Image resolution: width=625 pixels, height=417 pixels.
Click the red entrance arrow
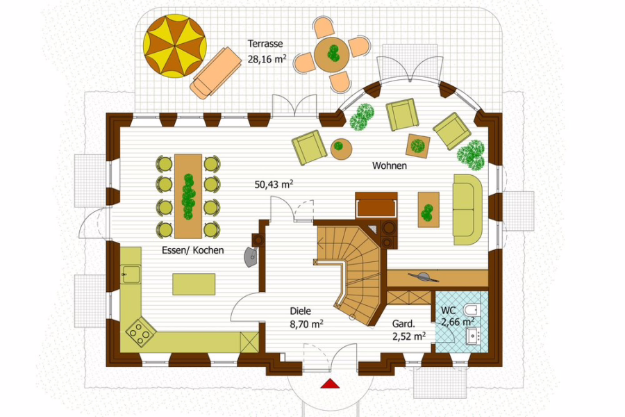[330, 384]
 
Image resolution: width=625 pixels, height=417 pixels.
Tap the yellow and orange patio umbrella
[175, 46]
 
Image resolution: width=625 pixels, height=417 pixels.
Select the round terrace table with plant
[332, 54]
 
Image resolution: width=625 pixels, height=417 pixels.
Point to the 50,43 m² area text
[274, 184]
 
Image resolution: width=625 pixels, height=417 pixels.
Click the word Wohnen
[390, 165]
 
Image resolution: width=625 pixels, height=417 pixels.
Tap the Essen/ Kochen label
[193, 250]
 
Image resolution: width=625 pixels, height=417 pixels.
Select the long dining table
[188, 196]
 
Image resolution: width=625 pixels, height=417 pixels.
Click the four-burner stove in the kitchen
[141, 332]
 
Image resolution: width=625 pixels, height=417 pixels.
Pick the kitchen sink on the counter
[131, 275]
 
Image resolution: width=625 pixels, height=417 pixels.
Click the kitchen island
[194, 284]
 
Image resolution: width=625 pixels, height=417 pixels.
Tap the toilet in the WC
[472, 311]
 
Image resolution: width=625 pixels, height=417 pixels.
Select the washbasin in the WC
[474, 336]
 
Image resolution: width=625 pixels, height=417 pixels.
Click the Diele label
[300, 311]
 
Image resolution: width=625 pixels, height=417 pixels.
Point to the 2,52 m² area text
[408, 336]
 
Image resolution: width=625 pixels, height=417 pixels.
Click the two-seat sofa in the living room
[468, 209]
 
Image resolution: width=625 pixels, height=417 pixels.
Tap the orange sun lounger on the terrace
[216, 72]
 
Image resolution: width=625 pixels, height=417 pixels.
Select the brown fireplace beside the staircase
[376, 205]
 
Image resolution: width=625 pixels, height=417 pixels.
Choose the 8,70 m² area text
[306, 325]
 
